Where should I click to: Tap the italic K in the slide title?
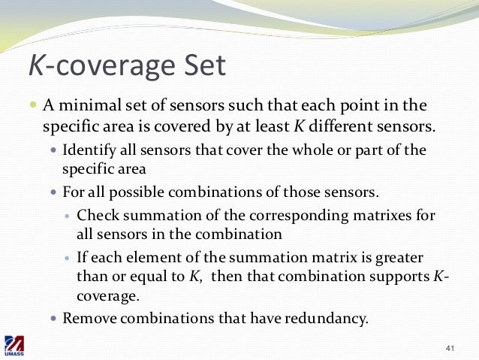pyautogui.click(x=36, y=67)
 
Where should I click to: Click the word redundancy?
pyautogui.click(x=327, y=318)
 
